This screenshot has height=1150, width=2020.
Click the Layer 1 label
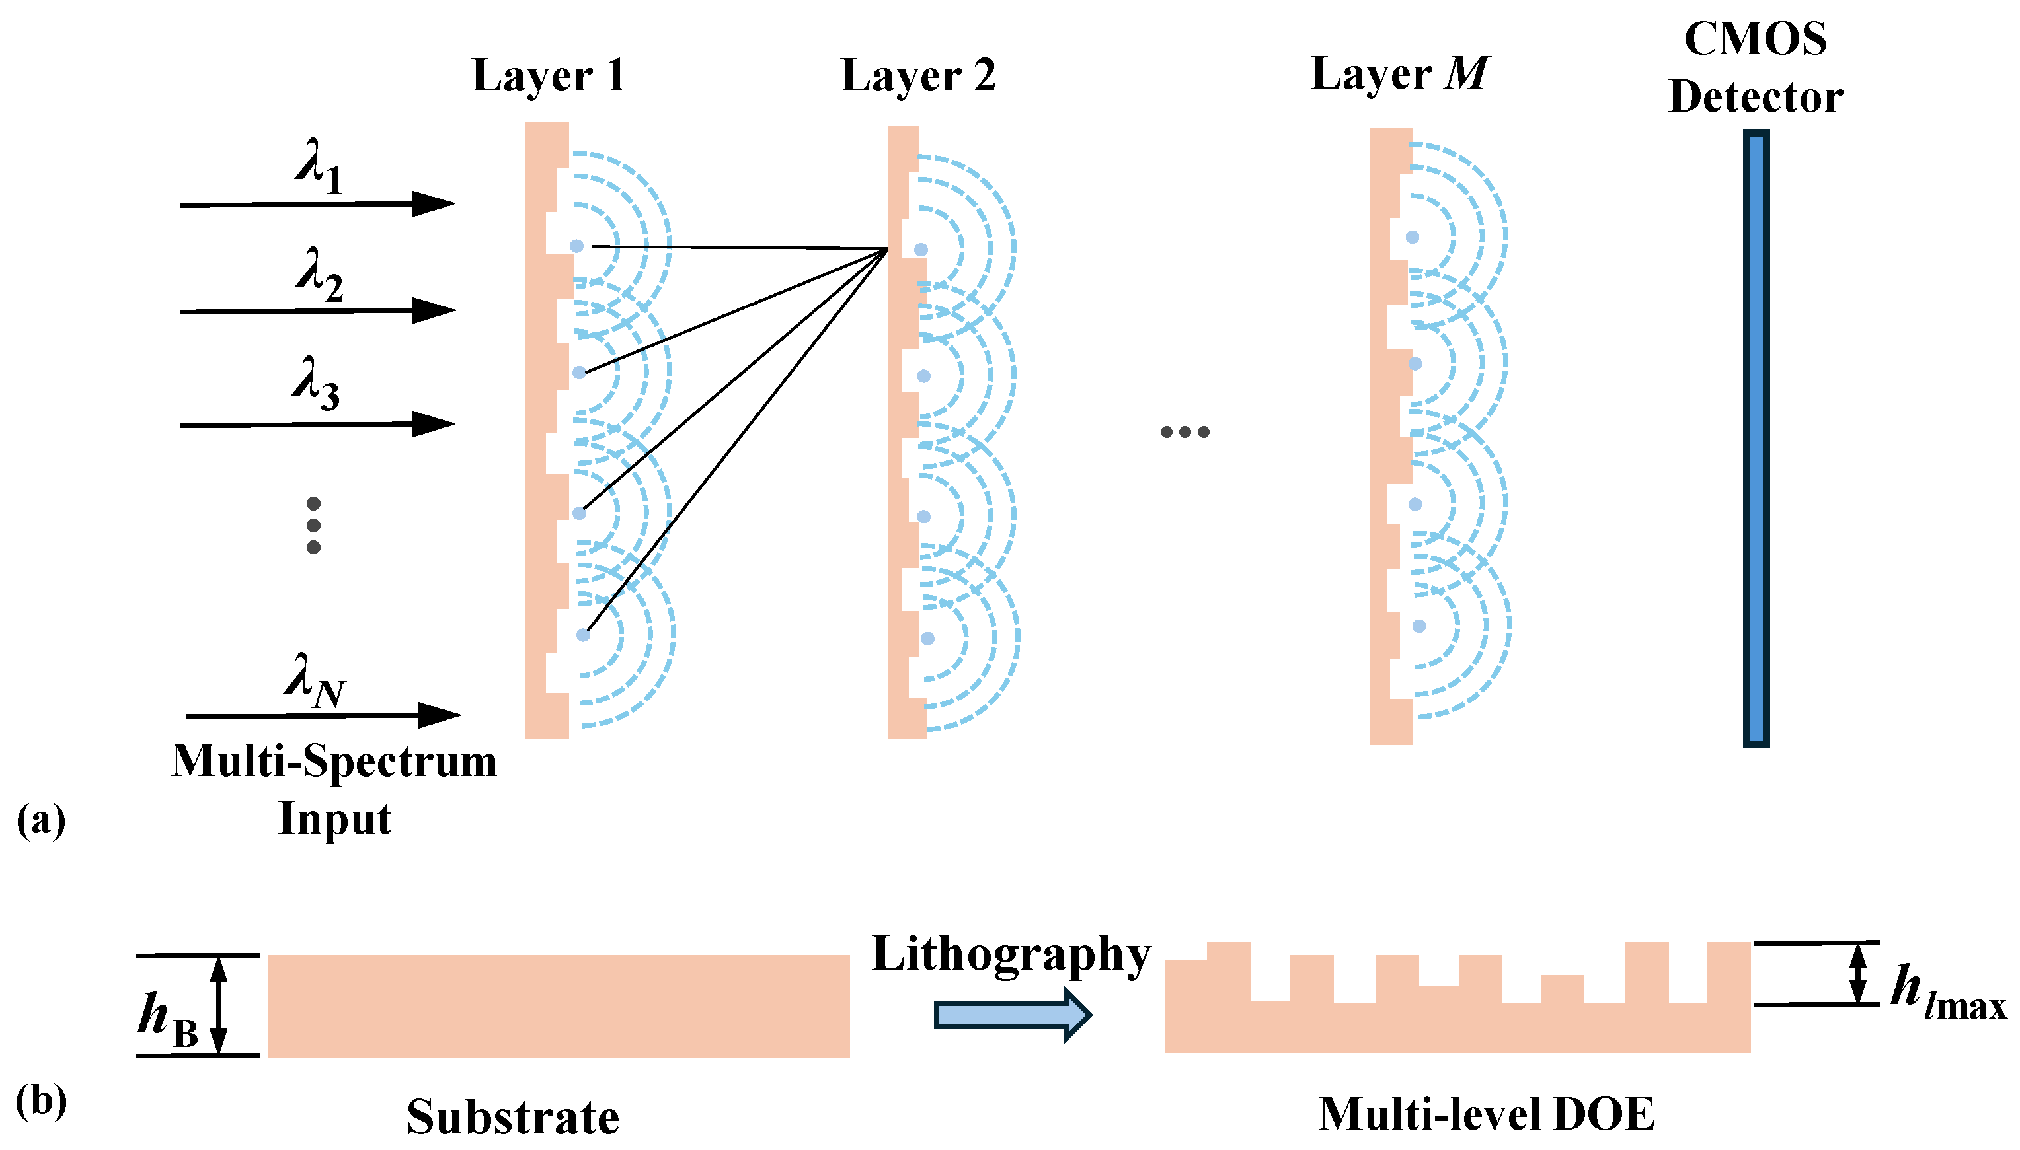click(548, 77)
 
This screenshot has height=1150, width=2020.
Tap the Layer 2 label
click(917, 77)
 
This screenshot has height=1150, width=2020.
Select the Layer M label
click(1399, 75)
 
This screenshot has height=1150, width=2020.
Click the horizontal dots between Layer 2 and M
click(1184, 432)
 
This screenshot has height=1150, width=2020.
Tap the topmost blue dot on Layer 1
click(577, 246)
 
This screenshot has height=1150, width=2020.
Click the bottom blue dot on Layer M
click(1418, 626)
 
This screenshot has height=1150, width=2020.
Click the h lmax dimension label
click(1946, 992)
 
